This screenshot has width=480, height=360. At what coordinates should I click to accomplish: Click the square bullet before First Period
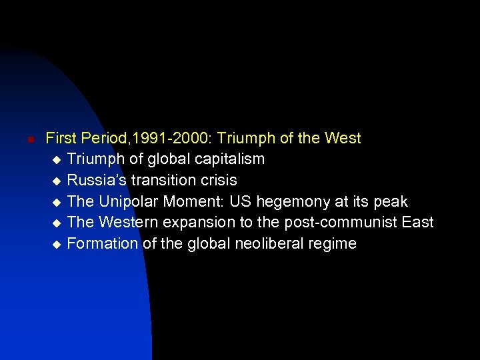22,140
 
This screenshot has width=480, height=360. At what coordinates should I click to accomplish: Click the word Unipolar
127,201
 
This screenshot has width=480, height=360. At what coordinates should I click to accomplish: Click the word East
417,222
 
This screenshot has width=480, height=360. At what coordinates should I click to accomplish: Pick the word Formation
103,243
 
